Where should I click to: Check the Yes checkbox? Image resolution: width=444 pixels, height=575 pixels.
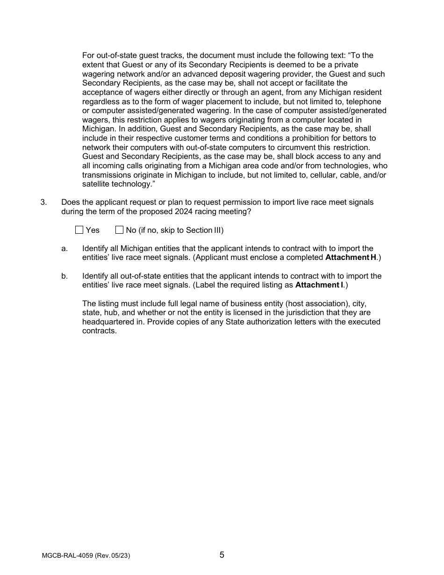tap(79, 230)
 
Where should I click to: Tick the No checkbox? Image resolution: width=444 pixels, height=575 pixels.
tap(119, 230)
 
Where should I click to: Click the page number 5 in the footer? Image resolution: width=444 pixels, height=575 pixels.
tap(222, 555)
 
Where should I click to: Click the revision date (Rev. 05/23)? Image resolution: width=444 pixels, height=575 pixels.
tap(112, 556)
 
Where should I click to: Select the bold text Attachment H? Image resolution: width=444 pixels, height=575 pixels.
tap(351, 258)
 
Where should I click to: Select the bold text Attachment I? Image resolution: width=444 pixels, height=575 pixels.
tap(319, 285)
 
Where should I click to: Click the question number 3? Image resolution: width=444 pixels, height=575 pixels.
tap(43, 202)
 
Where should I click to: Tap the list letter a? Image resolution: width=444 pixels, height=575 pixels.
tap(64, 249)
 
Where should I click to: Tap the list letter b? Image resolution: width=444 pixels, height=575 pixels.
tap(64, 276)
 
